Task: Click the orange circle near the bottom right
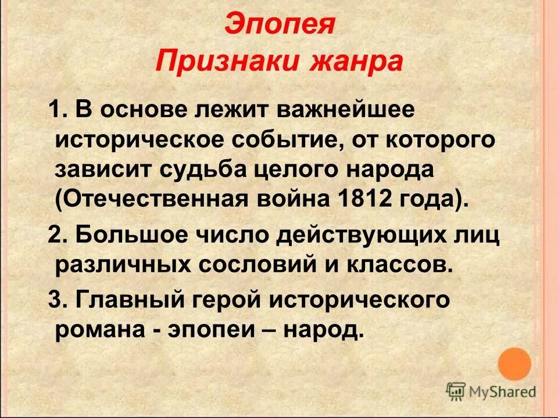pyautogui.click(x=514, y=364)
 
